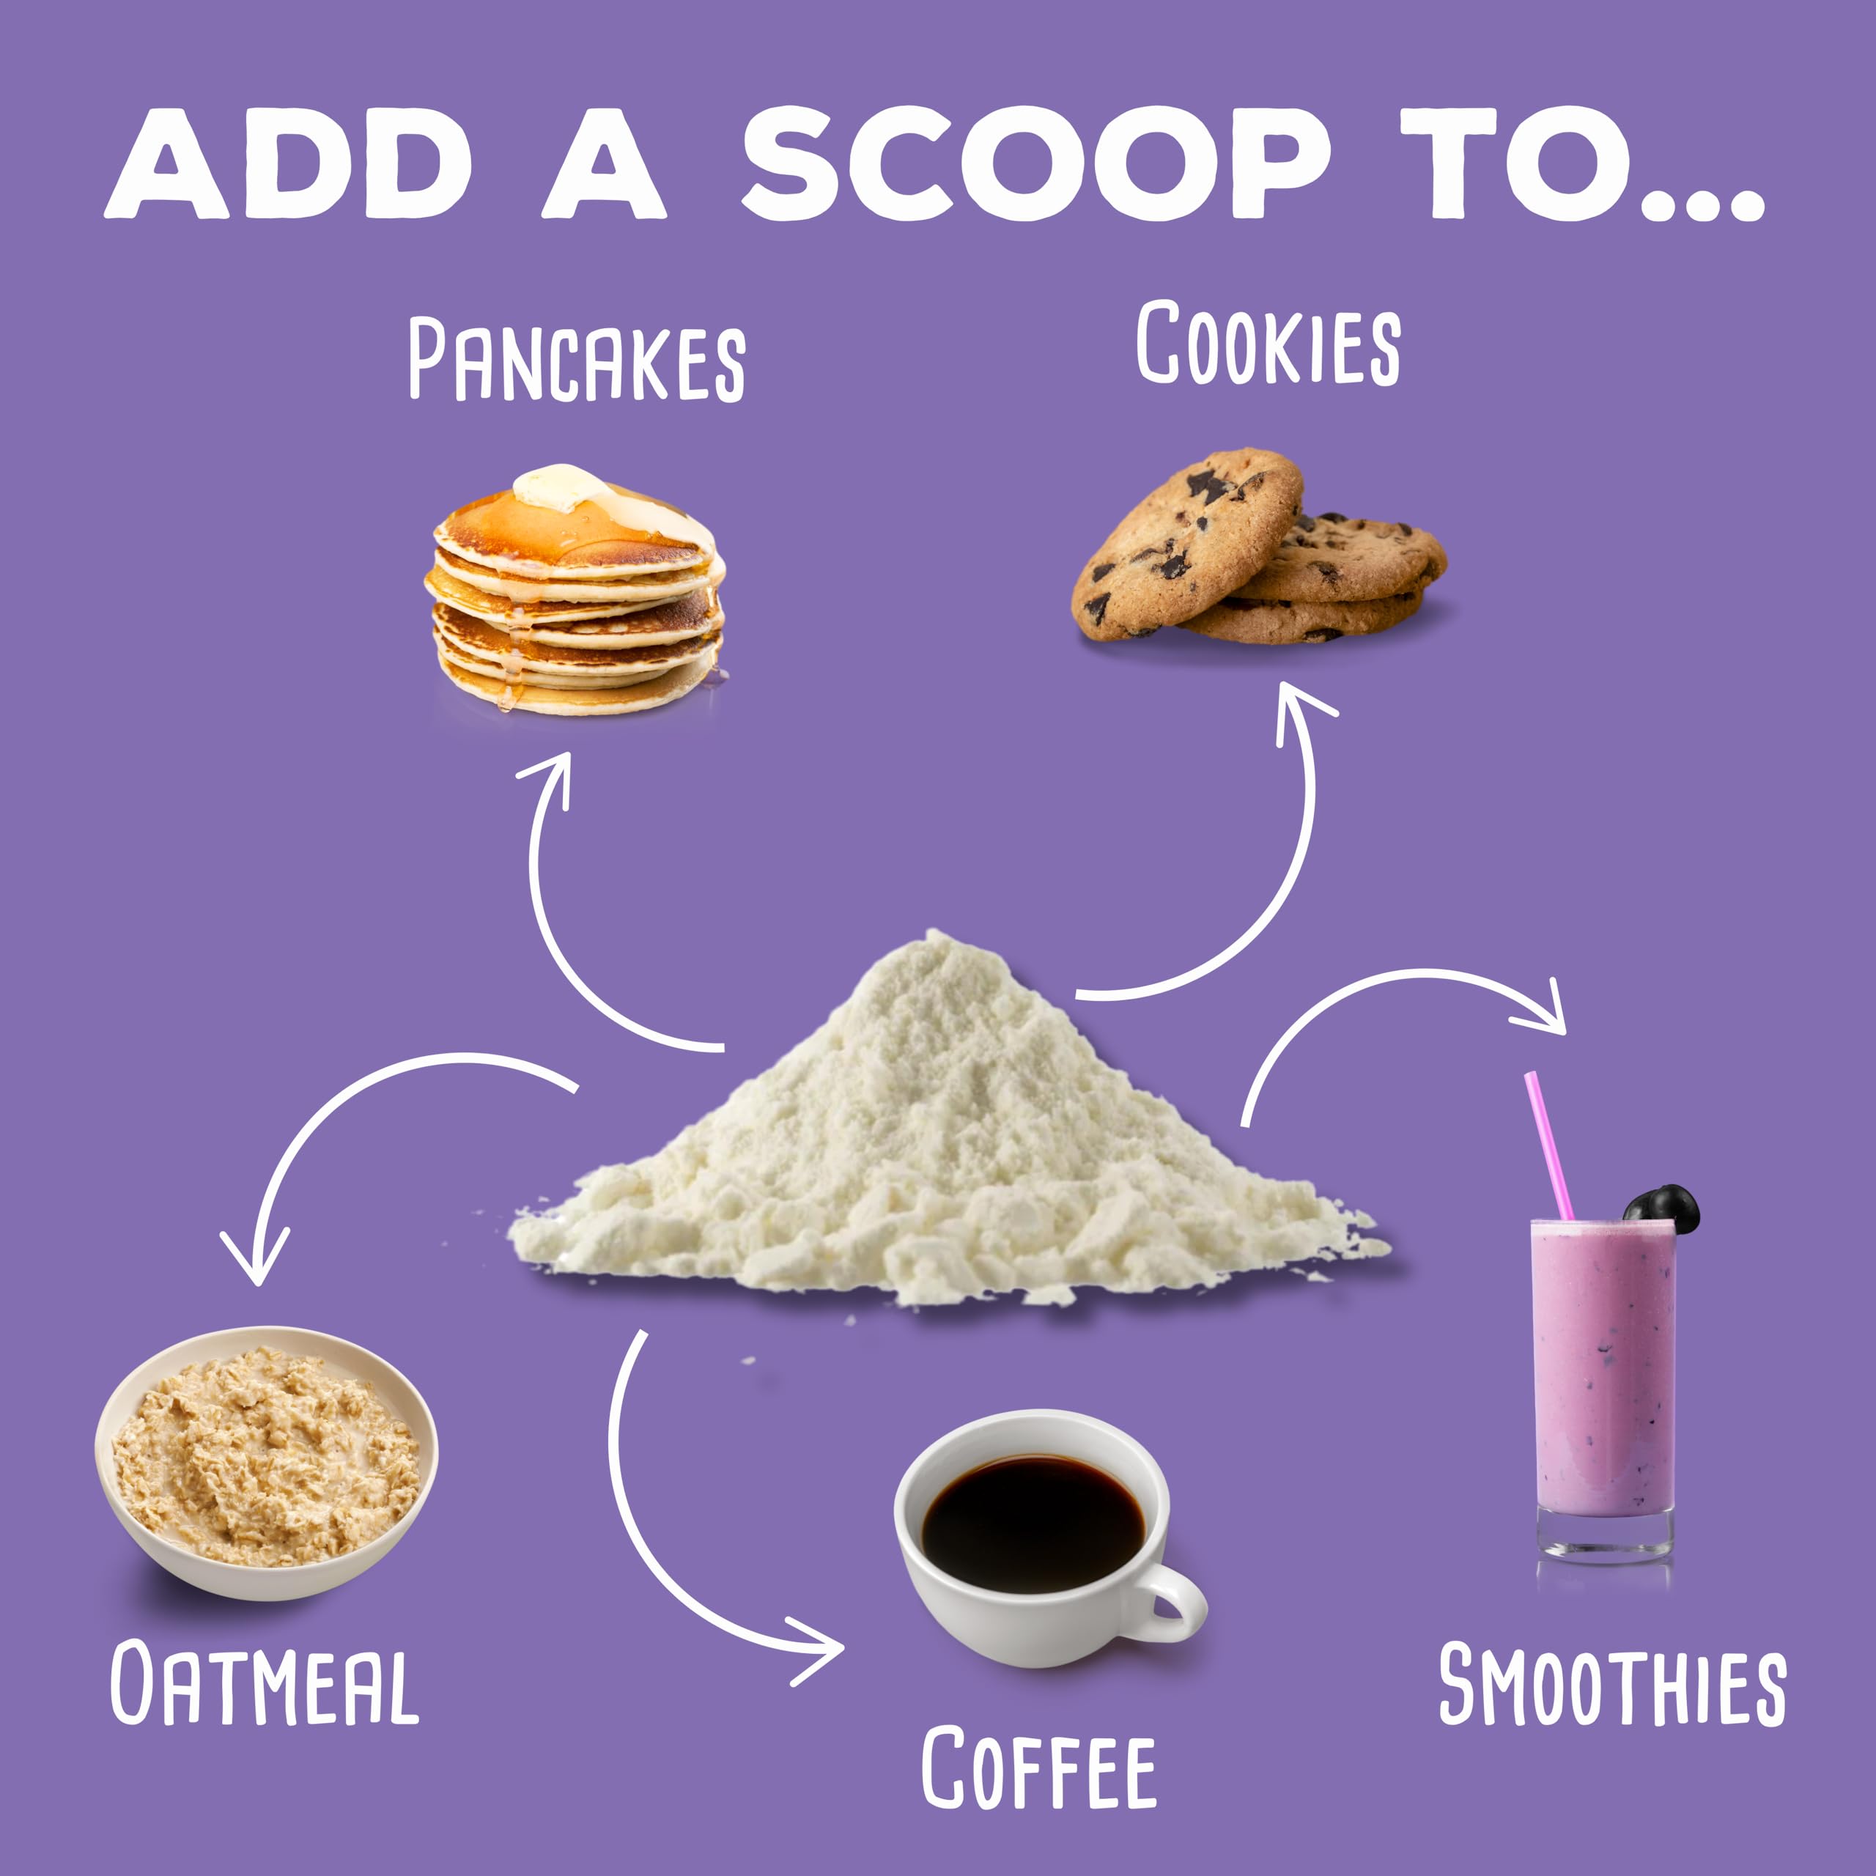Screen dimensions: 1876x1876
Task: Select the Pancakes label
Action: point(577,361)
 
